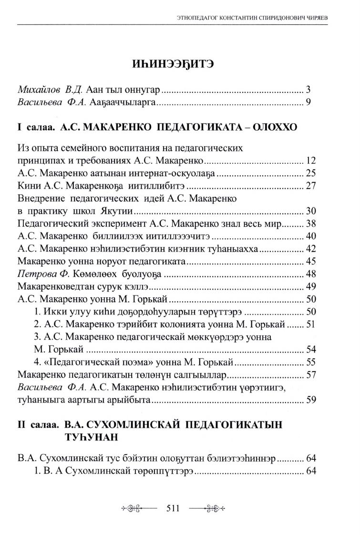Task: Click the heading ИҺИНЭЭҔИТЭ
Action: pos(179,63)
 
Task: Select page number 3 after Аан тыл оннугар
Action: pos(309,89)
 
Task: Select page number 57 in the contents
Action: pos(311,374)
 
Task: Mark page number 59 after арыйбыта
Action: pos(311,400)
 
